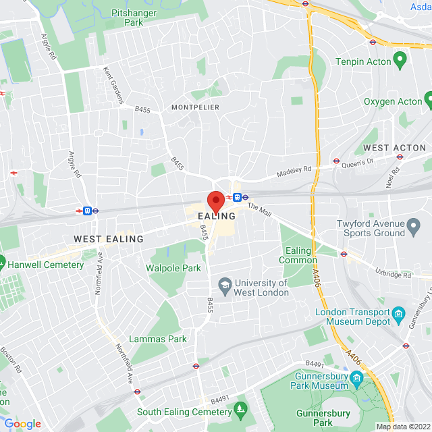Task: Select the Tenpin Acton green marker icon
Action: tap(400, 61)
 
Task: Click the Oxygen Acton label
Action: tap(393, 101)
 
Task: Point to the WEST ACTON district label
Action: tap(395, 148)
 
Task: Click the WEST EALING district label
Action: tap(109, 239)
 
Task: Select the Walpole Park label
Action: tap(173, 268)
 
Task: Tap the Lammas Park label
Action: tap(158, 339)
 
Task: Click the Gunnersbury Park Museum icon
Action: tap(356, 376)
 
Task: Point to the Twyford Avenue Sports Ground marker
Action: tap(414, 224)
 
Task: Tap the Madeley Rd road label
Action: tap(295, 173)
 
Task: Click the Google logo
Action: tap(22, 424)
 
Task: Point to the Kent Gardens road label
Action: tap(113, 85)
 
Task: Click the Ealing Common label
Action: tap(298, 255)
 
